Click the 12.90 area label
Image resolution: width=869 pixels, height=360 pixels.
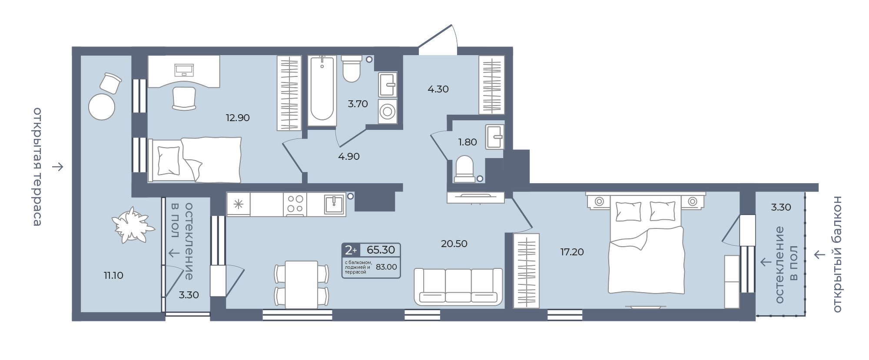pos(238,118)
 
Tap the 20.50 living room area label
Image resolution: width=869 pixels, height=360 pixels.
pos(454,244)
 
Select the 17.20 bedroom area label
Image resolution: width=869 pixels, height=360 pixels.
pos(572,252)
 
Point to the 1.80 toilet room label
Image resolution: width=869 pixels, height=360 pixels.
pos(468,142)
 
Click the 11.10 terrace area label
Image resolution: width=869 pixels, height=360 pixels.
pos(113,275)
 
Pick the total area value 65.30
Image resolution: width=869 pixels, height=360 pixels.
pos(381,250)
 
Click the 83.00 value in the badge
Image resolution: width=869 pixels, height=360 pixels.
pos(386,267)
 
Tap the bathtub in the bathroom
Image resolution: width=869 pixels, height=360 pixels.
pos(322,91)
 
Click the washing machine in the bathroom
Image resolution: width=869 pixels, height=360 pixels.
pos(388,111)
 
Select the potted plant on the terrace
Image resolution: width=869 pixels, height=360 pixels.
pos(133,225)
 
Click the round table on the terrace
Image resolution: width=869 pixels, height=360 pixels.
pos(102,106)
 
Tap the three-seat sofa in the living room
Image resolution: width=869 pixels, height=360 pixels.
pos(458,287)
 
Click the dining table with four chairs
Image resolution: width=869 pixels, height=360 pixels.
pos(301,284)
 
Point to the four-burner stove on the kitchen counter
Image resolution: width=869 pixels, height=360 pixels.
pos(295,204)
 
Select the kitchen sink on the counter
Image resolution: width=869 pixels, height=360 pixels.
pos(335,204)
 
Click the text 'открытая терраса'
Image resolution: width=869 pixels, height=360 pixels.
pos(37,167)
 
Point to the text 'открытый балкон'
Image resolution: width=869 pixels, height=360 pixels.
pos(837,254)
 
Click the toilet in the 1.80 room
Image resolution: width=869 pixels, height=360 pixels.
pos(464,169)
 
